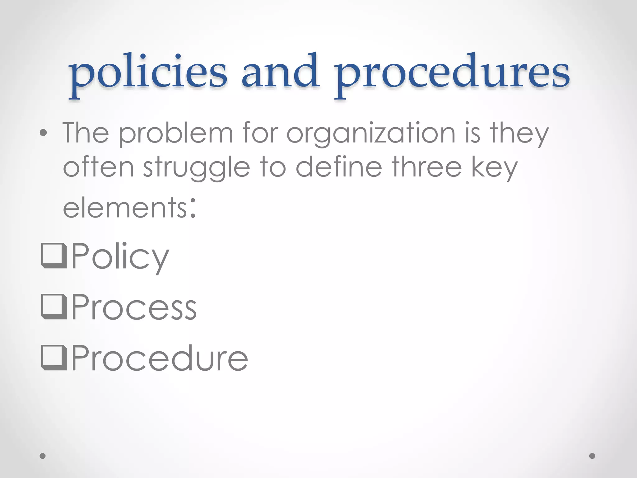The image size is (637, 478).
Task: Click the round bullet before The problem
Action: (x=44, y=133)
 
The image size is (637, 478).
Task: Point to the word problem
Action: (x=176, y=134)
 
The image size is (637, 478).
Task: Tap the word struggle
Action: (x=197, y=168)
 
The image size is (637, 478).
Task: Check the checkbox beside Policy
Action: (x=54, y=255)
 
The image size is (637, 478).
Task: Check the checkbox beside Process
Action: (x=54, y=307)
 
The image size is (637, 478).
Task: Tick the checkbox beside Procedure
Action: (x=54, y=358)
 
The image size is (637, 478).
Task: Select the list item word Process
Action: (x=134, y=307)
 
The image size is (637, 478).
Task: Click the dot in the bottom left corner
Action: (x=43, y=456)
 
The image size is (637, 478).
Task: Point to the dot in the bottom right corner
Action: (x=592, y=456)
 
